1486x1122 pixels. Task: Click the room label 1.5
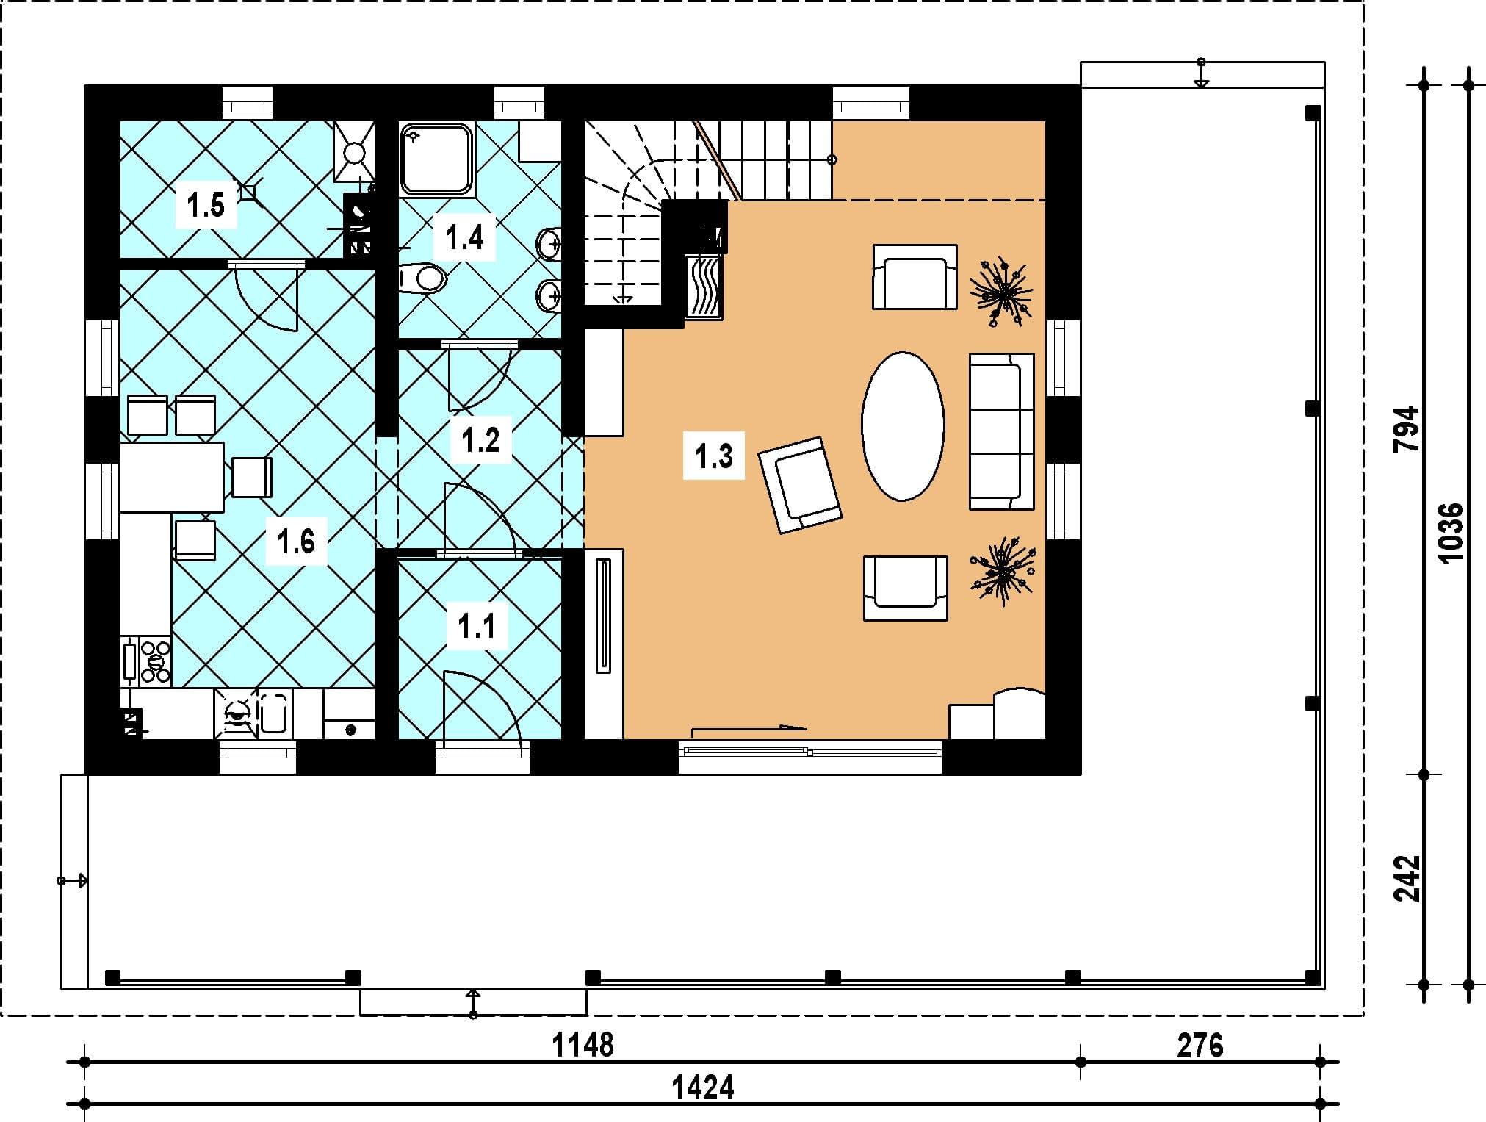click(x=205, y=205)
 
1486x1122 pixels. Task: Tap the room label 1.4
click(x=464, y=237)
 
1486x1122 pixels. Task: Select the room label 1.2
click(x=480, y=440)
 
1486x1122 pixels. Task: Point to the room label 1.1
click(x=476, y=627)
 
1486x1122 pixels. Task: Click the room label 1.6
click(x=295, y=542)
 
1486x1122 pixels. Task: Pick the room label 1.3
click(x=714, y=456)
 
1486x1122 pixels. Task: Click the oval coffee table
click(x=903, y=426)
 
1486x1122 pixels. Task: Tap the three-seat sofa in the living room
click(x=1002, y=431)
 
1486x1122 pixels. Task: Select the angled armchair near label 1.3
click(x=800, y=485)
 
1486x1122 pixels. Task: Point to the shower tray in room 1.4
click(x=436, y=159)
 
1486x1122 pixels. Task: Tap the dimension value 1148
click(x=583, y=1044)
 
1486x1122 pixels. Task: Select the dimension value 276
click(x=1200, y=1045)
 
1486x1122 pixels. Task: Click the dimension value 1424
click(x=703, y=1087)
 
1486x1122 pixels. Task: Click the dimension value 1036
click(x=1451, y=533)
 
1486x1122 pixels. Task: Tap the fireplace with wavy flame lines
click(x=704, y=287)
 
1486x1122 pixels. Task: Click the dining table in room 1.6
click(x=172, y=477)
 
